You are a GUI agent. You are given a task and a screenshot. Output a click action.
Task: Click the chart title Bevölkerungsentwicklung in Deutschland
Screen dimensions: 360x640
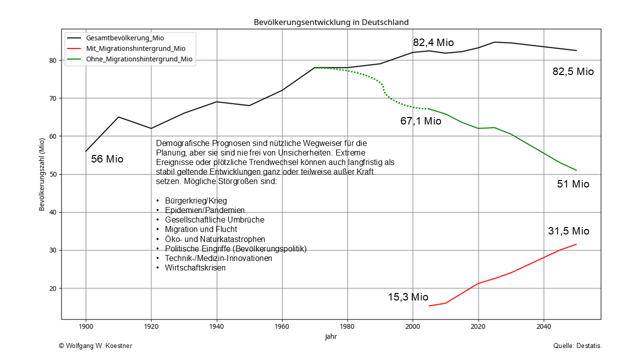tap(331, 22)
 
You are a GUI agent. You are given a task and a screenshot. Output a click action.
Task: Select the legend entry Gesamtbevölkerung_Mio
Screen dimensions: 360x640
tap(125, 38)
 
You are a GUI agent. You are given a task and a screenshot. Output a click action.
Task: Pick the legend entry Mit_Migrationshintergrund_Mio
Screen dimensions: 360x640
tap(135, 48)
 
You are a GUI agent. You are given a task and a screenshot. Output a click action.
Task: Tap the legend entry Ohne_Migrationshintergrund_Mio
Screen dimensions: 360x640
tap(139, 59)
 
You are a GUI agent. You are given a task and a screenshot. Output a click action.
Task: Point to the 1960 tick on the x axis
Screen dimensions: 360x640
tap(282, 326)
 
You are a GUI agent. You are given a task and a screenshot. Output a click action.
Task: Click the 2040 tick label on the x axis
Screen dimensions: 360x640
tap(543, 326)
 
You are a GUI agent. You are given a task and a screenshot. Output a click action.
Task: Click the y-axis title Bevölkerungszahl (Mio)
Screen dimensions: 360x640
tap(42, 174)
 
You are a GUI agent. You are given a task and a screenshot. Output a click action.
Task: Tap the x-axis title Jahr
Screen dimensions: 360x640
tap(331, 337)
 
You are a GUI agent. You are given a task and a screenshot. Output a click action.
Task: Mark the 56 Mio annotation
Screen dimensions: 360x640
tap(107, 159)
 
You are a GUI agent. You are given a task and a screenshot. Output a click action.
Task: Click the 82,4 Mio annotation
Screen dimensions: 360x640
tap(433, 43)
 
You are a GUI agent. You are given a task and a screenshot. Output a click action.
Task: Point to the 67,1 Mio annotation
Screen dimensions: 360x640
tap(421, 121)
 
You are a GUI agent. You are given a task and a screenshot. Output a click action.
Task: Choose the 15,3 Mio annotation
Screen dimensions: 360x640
tap(408, 297)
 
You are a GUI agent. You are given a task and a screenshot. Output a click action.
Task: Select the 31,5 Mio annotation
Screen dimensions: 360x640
tap(568, 231)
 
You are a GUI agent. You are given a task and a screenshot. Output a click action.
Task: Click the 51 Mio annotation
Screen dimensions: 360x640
tap(573, 184)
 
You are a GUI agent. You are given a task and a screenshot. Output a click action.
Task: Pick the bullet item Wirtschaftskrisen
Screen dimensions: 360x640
tap(195, 267)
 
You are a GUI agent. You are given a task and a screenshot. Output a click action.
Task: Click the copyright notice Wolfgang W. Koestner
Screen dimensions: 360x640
tap(95, 346)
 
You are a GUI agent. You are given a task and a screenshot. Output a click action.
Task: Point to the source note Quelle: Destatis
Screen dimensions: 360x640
tap(577, 346)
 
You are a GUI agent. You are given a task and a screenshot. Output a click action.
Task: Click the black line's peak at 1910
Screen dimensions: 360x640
tap(118, 117)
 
